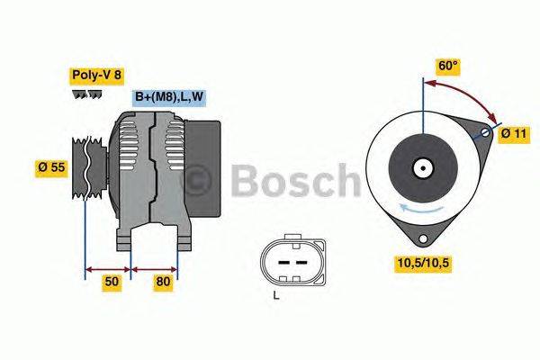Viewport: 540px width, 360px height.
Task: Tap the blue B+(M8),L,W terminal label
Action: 169,98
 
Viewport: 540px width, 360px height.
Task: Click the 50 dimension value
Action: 110,283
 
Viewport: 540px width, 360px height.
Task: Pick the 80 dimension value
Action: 162,283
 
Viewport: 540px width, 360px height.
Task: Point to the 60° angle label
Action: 448,66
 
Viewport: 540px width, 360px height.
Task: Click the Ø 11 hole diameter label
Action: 513,134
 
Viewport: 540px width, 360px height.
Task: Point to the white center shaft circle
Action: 422,167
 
